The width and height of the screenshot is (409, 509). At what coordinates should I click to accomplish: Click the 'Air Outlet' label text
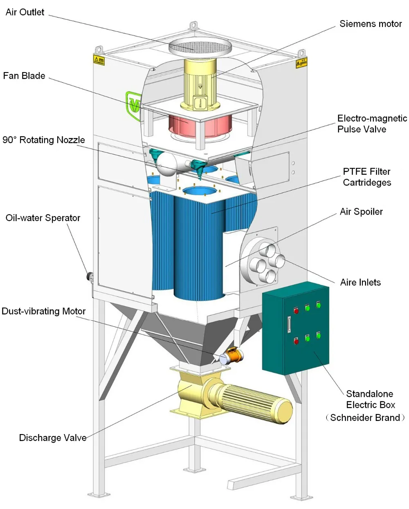point(25,12)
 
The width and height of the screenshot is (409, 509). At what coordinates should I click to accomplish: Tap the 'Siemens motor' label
point(371,24)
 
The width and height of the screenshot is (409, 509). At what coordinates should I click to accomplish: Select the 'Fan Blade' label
point(24,76)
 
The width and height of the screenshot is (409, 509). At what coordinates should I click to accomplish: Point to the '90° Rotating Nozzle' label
point(44,140)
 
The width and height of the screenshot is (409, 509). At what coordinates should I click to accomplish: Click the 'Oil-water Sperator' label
point(43,218)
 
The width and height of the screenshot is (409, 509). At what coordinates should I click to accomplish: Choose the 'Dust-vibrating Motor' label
point(44,311)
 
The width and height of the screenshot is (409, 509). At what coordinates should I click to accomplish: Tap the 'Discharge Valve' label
point(53,438)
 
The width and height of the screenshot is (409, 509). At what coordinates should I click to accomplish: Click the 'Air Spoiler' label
point(361,212)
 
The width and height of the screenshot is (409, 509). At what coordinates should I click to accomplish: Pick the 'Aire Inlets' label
point(360,283)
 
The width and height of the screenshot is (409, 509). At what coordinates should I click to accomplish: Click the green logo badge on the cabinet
point(133,105)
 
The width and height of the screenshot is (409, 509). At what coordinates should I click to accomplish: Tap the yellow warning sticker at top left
point(99,61)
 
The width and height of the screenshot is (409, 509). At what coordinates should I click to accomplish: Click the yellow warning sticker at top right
point(301,63)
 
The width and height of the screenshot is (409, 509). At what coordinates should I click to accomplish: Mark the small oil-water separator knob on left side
point(89,277)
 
